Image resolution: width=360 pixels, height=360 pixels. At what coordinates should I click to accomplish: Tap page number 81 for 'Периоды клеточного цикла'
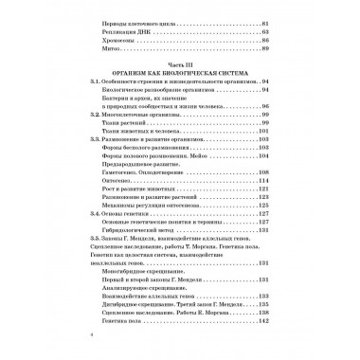coord(265,22)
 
